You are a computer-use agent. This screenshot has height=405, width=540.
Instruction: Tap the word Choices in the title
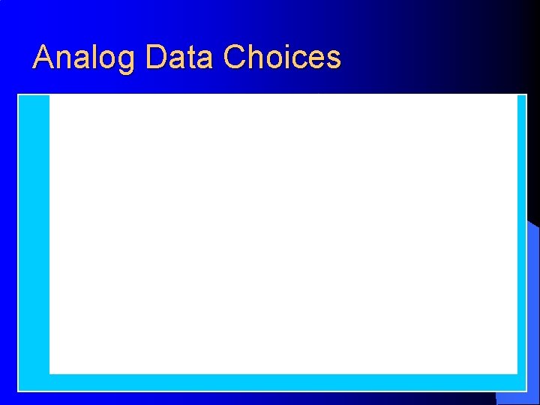(x=282, y=57)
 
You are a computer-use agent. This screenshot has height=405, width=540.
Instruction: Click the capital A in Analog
(x=44, y=57)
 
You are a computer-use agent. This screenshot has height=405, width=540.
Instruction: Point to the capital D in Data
(x=156, y=57)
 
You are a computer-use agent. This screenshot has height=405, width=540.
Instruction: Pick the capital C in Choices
(x=235, y=57)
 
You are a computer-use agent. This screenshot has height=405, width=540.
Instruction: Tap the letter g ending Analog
(x=128, y=61)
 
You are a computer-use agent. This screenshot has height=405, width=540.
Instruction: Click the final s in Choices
(x=334, y=59)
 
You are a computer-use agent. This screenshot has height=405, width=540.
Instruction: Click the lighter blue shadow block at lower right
(x=533, y=315)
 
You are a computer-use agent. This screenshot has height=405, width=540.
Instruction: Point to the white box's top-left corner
(x=50, y=95)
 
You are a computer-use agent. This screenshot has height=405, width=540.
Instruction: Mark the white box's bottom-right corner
(x=517, y=373)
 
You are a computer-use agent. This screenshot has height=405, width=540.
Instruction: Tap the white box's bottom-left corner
(x=50, y=373)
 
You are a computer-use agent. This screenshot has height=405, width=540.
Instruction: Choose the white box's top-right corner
(x=517, y=95)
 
